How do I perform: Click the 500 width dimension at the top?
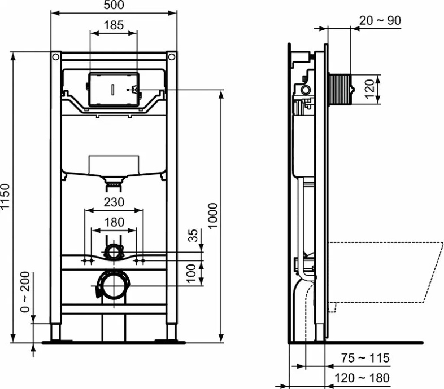[114, 6]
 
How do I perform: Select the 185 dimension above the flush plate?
[114, 25]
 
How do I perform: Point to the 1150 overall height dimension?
[6, 197]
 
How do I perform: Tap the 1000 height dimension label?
[212, 215]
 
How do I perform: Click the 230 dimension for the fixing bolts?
[114, 202]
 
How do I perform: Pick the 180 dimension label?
[114, 222]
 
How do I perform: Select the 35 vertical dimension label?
[193, 236]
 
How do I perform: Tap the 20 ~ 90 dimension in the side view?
[380, 20]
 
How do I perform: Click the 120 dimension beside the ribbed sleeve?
[368, 89]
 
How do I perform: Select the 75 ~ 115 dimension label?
[365, 358]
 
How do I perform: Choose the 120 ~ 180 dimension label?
[362, 377]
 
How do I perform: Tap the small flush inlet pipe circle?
[114, 250]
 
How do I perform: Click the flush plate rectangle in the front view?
[114, 89]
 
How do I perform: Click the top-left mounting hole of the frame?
[55, 58]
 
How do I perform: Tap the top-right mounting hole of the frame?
[171, 58]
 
